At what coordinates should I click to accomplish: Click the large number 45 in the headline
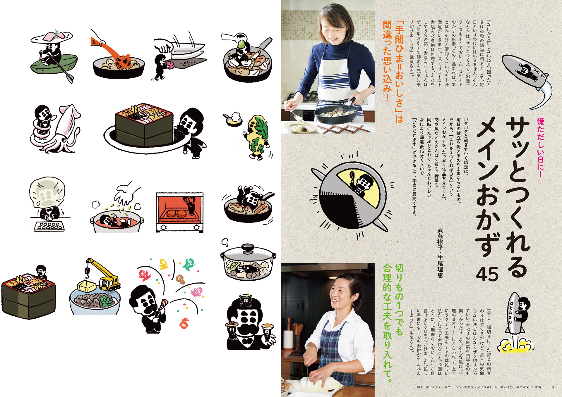pyautogui.click(x=487, y=274)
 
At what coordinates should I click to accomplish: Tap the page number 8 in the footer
pyautogui.click(x=553, y=387)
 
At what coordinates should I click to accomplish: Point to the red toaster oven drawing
pyautogui.click(x=180, y=212)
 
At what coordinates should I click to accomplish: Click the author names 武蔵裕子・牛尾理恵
pyautogui.click(x=440, y=253)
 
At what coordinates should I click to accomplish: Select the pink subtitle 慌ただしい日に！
pyautogui.click(x=540, y=148)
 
